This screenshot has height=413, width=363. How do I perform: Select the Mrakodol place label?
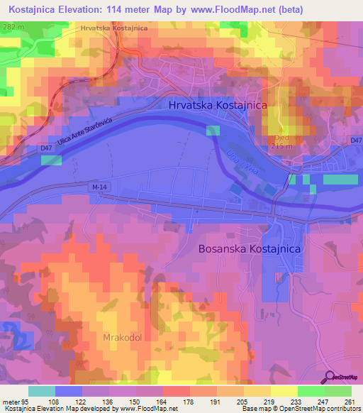click(x=124, y=338)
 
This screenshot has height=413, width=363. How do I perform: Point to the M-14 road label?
click(x=100, y=187)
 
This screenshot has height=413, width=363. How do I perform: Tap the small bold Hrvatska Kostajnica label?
click(x=114, y=28)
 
